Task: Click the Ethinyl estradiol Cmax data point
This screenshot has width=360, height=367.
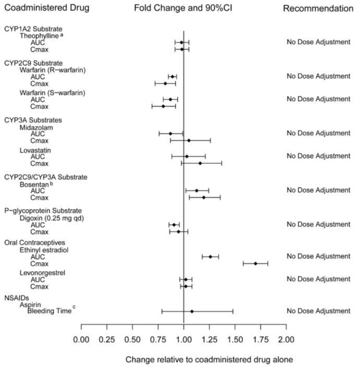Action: pos(255,263)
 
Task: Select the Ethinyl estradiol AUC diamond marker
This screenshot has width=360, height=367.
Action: pos(210,256)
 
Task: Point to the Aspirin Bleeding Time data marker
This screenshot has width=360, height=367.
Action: pos(192,311)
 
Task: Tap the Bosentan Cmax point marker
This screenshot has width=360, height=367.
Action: pos(204,198)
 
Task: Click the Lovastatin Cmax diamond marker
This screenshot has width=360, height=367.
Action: pos(200,163)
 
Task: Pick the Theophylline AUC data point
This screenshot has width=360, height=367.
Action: pos(182,42)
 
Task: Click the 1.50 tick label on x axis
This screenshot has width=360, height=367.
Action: pos(234,340)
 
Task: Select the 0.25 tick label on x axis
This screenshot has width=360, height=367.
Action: pos(107,340)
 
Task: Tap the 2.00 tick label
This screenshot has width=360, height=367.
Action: pos(285,340)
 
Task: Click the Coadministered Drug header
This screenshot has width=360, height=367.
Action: pos(46,9)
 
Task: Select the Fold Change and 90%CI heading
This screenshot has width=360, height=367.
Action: pos(179,9)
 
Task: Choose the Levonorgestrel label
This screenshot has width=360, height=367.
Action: pos(44,273)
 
